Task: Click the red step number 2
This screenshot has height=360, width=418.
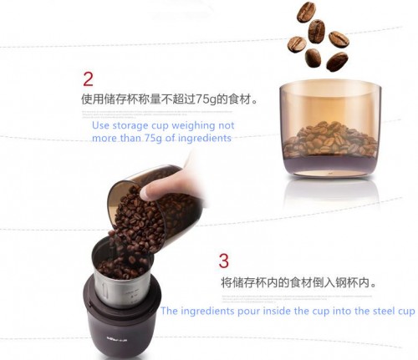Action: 88,79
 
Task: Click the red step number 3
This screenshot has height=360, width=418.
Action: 224,261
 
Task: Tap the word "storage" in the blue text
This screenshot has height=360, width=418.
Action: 130,126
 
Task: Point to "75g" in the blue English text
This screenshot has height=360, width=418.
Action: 153,139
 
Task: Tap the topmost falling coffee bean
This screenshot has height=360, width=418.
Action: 306,12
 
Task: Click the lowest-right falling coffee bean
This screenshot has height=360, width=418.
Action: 337,61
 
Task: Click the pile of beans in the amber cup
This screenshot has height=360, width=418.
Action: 330,139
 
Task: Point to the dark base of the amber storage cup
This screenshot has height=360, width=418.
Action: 331,165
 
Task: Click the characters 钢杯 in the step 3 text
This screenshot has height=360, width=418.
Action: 347,282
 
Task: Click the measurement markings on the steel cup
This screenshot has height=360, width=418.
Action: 131,297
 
